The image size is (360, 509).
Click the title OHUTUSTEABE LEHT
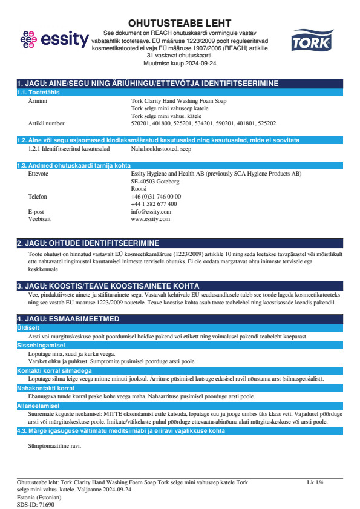[x=180, y=24]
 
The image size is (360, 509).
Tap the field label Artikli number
[x=46, y=123]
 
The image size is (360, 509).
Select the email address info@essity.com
[x=151, y=212]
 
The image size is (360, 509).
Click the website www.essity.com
[x=150, y=219]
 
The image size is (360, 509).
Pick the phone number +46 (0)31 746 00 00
[x=155, y=197]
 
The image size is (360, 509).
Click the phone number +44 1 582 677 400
[x=154, y=204]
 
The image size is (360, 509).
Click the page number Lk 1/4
[x=315, y=482]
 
